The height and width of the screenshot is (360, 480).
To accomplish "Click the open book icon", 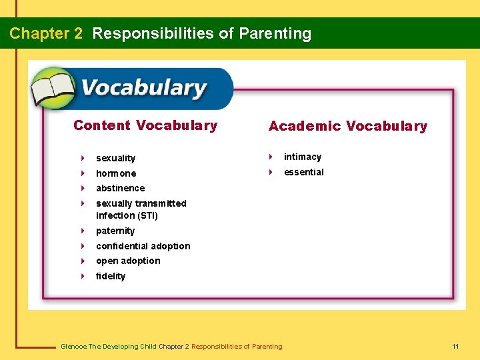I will [x=53, y=89].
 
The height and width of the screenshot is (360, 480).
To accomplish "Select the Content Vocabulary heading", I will [x=145, y=125].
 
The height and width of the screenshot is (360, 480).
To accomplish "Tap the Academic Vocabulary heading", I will [x=347, y=126].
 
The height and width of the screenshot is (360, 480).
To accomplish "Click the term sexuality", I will [x=115, y=158].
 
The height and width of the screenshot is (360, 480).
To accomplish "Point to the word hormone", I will [x=115, y=173].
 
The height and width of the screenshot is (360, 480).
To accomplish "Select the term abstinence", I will [x=120, y=188].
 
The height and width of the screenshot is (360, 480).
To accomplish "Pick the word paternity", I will [x=115, y=231].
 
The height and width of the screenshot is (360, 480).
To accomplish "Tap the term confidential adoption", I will [x=143, y=246].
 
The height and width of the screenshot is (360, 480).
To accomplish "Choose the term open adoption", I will [x=128, y=261].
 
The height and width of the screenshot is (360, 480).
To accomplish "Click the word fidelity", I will [x=111, y=276].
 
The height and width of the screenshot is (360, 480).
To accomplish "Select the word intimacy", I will [x=303, y=157].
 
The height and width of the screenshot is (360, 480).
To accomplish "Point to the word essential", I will [x=303, y=172].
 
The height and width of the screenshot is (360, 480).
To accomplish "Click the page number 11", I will [x=455, y=346].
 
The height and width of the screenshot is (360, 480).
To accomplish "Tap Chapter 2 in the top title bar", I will [x=46, y=33].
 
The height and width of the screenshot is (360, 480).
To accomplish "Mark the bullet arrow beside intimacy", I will [x=270, y=157].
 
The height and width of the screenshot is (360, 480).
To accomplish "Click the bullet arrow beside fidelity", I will [x=82, y=276].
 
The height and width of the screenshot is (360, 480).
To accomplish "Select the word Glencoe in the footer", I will [x=73, y=346].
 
